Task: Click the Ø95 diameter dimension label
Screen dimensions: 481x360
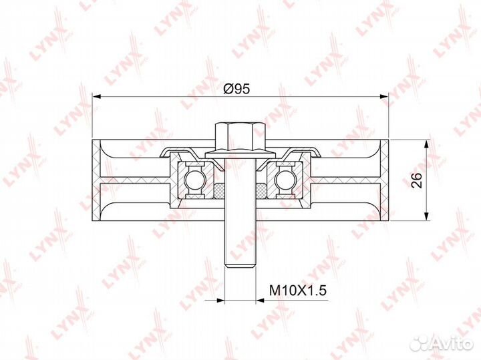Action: (x=236, y=89)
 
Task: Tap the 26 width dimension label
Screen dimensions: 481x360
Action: (x=417, y=180)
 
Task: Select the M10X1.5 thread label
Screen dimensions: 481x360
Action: (x=297, y=290)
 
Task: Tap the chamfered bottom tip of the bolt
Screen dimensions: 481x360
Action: (x=240, y=264)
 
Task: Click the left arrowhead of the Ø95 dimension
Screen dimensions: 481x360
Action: (x=97, y=97)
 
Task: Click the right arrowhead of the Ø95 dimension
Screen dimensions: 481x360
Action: (x=384, y=97)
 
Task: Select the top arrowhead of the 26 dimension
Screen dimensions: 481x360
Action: (x=426, y=144)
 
